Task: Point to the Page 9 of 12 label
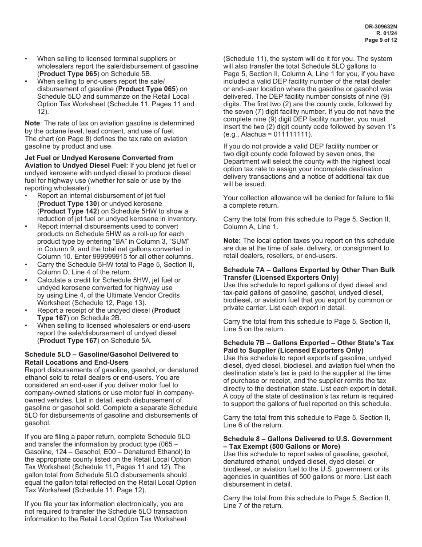point(381,40)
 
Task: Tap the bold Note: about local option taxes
point(232,241)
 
